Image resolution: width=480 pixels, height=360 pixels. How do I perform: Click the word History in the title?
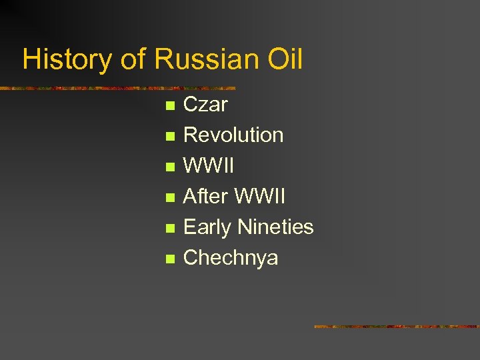tap(67, 60)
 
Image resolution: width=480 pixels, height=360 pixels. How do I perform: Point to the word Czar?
tap(205, 105)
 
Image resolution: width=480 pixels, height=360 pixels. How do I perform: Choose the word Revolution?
tap(233, 135)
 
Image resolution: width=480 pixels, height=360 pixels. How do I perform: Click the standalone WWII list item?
tap(209, 166)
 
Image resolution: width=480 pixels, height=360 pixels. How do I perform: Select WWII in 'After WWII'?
tap(261, 197)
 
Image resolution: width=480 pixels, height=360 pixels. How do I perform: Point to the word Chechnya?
tap(231, 258)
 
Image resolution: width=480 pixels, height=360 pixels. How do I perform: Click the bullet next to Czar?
tap(170, 105)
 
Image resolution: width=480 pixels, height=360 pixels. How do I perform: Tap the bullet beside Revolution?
tap(170, 136)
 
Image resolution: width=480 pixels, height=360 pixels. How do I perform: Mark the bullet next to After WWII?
tap(170, 197)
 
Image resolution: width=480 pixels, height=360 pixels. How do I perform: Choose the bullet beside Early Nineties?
tap(170, 228)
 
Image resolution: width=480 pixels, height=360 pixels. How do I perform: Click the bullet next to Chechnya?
tap(170, 259)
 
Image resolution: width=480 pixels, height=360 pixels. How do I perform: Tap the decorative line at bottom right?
tap(397, 327)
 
